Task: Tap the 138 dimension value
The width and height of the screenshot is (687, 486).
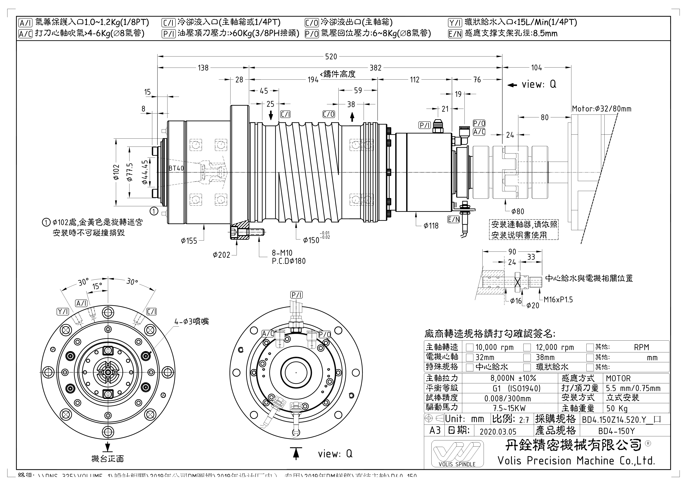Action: tap(203, 68)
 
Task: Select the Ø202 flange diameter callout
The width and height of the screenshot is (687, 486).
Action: tap(221, 255)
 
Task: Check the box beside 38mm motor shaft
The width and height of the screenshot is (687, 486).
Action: tap(527, 357)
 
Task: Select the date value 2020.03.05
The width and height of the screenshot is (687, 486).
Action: tap(498, 432)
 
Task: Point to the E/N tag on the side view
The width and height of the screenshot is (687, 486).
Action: tap(454, 219)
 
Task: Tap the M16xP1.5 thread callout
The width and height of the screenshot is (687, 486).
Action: tap(558, 299)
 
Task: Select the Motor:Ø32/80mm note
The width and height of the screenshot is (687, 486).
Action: tap(601, 109)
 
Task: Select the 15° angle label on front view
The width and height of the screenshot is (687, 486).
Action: tap(97, 287)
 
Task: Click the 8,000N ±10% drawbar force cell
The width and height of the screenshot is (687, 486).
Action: tap(513, 378)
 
